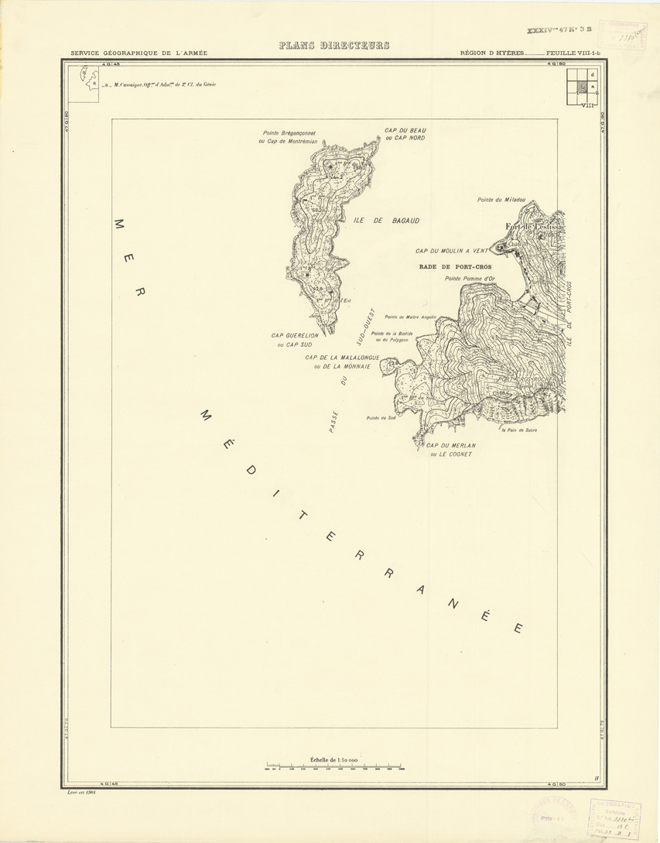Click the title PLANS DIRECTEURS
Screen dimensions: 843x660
[x=334, y=46]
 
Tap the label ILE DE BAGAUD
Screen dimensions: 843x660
[x=386, y=221]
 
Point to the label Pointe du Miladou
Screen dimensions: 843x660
[x=501, y=200]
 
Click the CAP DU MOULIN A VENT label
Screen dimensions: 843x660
[x=452, y=251]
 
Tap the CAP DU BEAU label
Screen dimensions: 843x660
[x=406, y=130]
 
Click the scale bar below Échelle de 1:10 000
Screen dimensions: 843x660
[x=334, y=769]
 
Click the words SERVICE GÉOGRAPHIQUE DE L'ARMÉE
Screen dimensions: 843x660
[x=138, y=53]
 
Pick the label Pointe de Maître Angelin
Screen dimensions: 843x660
[x=411, y=317]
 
